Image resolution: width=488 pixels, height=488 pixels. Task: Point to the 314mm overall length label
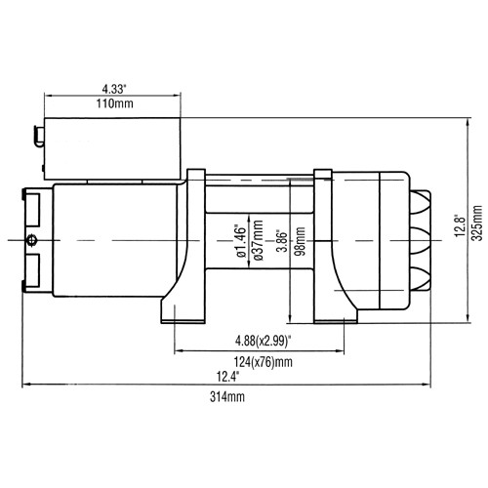pyautogui.click(x=226, y=398)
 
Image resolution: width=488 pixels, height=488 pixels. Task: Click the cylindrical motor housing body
pyautogui.click(x=112, y=239)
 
